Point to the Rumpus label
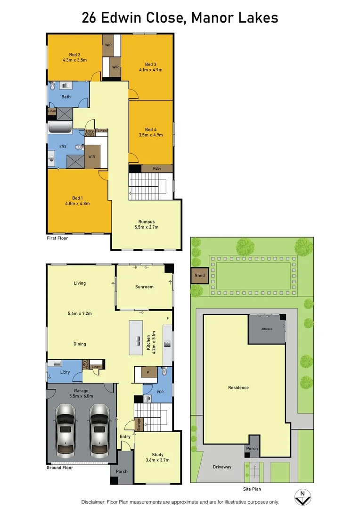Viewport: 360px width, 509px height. click(x=147, y=222)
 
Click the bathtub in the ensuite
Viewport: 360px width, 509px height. click(x=59, y=128)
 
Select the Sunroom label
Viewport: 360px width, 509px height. click(x=144, y=287)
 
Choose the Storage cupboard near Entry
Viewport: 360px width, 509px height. click(x=138, y=425)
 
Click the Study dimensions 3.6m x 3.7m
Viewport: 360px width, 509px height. click(x=157, y=460)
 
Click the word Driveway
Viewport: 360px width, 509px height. click(x=221, y=467)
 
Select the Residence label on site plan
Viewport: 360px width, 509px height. click(x=238, y=388)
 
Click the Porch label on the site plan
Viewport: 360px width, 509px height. click(x=252, y=448)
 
